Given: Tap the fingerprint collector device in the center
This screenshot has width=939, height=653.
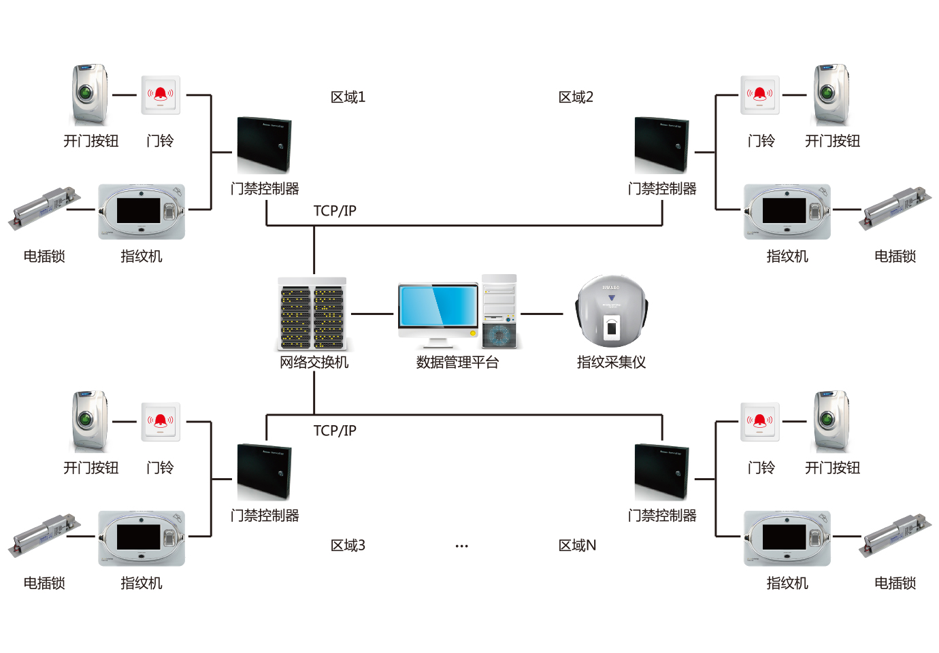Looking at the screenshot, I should tap(611, 312).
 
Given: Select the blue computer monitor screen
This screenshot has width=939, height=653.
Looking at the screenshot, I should tap(438, 306).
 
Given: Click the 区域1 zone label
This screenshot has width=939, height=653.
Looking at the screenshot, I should tap(348, 97).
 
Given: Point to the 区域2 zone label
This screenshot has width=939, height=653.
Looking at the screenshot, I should tap(576, 97).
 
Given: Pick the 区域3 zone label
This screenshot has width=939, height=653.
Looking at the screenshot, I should tap(348, 546).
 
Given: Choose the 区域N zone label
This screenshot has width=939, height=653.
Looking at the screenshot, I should tap(577, 546).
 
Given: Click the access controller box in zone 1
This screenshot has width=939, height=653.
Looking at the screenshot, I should tap(264, 145).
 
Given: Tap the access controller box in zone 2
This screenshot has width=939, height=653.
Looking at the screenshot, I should tap(661, 145).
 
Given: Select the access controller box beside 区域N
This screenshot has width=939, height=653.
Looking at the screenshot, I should tap(661, 472).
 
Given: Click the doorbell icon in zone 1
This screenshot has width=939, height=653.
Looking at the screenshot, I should tap(161, 95).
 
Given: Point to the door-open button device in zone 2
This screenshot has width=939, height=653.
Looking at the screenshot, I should tap(831, 94).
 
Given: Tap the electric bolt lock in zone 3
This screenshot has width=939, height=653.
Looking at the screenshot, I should tap(44, 537).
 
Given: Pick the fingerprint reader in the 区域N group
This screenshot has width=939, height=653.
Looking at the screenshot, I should tap(787, 538).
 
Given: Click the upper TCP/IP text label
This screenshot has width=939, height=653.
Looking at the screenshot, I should tap(335, 211).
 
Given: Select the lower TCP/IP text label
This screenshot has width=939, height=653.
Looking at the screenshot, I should tap(335, 431).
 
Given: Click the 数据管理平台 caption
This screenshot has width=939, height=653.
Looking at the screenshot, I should tap(457, 363).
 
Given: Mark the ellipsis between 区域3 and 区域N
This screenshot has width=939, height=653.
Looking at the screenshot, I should tap(461, 546).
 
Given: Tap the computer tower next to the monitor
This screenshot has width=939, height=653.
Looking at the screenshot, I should tap(499, 312).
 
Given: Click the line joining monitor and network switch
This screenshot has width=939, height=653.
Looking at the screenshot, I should tap(372, 314).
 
